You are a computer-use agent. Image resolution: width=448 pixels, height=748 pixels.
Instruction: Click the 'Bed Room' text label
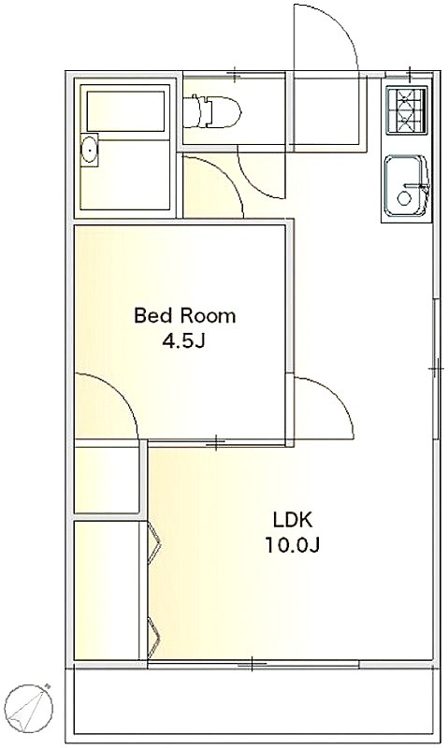[x=184, y=316]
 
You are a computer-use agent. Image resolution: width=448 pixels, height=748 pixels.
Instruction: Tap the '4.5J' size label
[x=183, y=340]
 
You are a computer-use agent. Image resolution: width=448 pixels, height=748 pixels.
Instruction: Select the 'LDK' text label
[x=292, y=520]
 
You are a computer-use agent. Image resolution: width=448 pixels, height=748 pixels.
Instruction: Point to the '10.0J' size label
[x=292, y=545]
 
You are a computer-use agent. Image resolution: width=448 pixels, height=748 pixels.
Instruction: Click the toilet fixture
[x=213, y=111]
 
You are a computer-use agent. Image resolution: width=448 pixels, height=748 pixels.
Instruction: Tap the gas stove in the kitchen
[x=406, y=111]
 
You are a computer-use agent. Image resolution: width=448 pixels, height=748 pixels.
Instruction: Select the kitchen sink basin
[x=406, y=185]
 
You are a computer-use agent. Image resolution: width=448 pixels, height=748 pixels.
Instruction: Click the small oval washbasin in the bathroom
[x=89, y=150]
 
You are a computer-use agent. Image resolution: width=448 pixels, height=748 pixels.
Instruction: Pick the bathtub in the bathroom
[x=126, y=111]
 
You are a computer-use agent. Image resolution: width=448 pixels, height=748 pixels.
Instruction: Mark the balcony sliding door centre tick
[x=252, y=664]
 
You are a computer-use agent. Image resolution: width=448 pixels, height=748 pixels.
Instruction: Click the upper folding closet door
[x=154, y=541]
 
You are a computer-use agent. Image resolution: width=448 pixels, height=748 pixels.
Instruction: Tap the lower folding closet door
[x=154, y=636]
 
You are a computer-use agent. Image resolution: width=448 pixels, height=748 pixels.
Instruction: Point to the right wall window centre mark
[x=436, y=368]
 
